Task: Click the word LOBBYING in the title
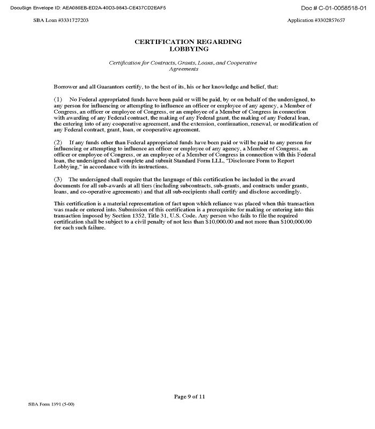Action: [x=187, y=48]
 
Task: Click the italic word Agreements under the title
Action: [x=184, y=69]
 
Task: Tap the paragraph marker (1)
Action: [x=58, y=100]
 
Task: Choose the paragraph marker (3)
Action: [x=58, y=178]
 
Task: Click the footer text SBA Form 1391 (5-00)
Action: [x=51, y=403]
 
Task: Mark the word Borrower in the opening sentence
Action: [x=65, y=86]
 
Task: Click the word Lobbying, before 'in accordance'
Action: [x=67, y=167]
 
